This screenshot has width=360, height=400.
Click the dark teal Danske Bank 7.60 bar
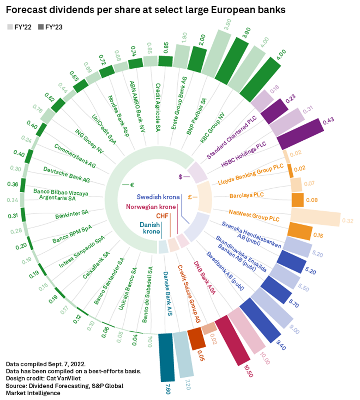pyautogui.click(x=167, y=356)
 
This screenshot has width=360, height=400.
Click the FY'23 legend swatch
pyautogui.click(x=40, y=27)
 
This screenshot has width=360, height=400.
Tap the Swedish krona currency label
pyautogui.click(x=157, y=196)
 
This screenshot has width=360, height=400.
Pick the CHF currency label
pyautogui.click(x=162, y=215)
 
